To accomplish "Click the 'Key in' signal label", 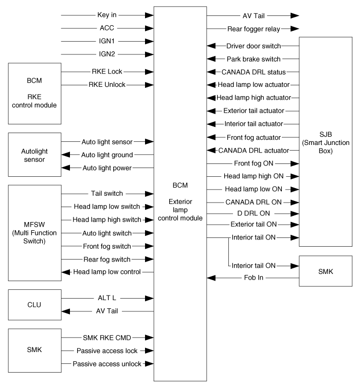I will click(106, 15).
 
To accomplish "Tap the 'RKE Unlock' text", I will click(108, 84).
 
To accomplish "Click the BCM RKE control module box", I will click(34, 93).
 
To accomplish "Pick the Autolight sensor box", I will click(34, 154).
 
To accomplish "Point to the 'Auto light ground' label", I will click(107, 154).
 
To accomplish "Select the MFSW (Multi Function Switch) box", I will click(34, 233).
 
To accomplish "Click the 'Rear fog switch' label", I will click(106, 259).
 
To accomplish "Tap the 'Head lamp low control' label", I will click(107, 272).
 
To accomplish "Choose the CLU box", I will click(34, 304).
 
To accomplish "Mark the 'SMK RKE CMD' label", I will click(106, 337).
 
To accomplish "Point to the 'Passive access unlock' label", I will click(107, 364).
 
